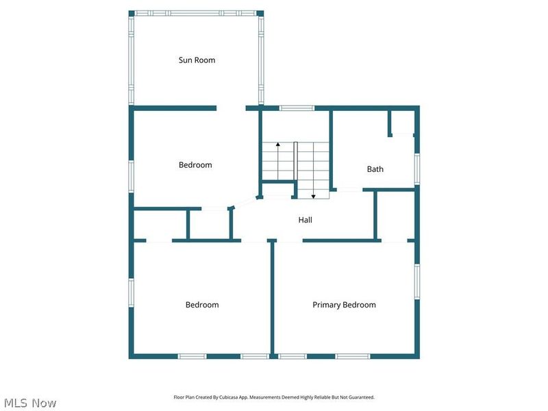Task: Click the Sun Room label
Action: click(197, 60)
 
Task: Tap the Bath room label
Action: click(375, 169)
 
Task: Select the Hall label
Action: click(305, 220)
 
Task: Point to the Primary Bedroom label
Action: click(344, 305)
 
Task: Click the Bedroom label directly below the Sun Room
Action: click(195, 165)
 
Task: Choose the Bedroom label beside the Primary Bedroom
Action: click(202, 305)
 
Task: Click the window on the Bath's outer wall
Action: click(416, 168)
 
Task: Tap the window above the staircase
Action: click(297, 108)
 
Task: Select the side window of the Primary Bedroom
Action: click(416, 281)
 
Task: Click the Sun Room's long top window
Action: click(196, 13)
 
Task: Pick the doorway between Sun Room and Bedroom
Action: click(231, 108)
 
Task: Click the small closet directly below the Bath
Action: click(397, 215)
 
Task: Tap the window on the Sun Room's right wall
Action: click(261, 60)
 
